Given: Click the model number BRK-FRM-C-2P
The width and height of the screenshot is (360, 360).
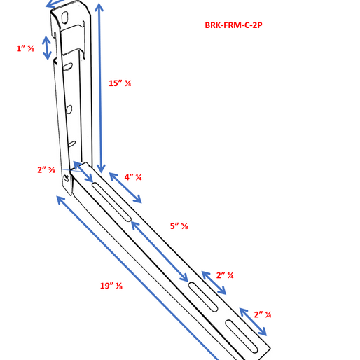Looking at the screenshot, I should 234,26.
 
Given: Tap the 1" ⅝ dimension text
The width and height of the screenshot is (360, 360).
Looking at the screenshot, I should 26,48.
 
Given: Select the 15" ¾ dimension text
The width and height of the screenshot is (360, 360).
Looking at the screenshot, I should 120,83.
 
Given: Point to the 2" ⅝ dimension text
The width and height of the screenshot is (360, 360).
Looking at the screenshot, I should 46,169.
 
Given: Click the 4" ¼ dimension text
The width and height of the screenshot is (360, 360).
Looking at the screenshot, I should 133,177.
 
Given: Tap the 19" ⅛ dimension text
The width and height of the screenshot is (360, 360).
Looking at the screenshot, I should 110,285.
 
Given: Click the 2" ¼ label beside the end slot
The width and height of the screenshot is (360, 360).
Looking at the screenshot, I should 263,314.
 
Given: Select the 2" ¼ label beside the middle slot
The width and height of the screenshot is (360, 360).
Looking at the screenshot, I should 225,275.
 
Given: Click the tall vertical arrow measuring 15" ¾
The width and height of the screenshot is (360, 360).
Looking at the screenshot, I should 102,87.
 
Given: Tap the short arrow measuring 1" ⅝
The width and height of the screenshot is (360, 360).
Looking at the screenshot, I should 47,48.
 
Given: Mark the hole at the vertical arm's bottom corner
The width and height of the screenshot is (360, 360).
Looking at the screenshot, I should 67,180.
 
